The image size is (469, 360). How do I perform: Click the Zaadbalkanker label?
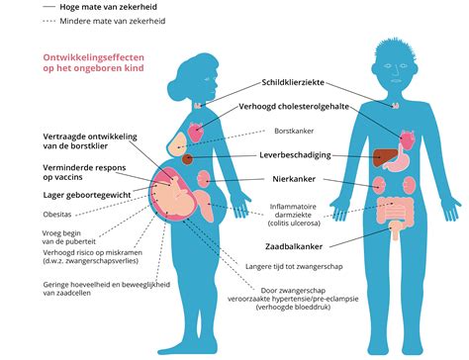tap(295, 243)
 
